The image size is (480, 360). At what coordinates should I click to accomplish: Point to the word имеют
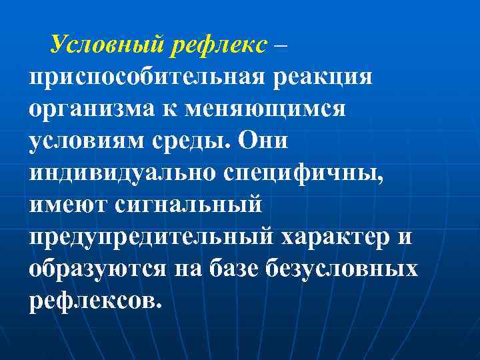68,204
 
